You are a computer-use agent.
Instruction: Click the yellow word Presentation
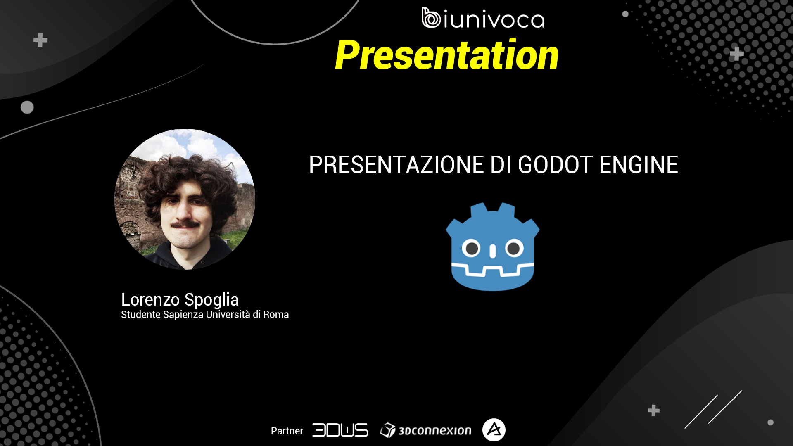point(447,55)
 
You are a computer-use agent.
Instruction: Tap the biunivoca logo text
point(483,18)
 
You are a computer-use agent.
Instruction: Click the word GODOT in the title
point(556,165)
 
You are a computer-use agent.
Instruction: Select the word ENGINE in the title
point(639,165)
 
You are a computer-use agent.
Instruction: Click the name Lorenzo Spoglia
point(180,300)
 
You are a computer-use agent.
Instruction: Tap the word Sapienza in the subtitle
point(183,315)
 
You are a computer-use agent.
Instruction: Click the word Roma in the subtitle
point(276,315)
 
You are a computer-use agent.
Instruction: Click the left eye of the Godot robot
point(471,249)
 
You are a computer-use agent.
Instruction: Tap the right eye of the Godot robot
point(514,249)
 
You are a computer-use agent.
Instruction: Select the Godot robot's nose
point(492,251)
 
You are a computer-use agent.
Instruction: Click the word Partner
point(287,431)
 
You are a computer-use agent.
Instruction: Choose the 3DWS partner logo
point(340,430)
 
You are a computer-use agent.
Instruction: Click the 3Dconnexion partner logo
point(426,430)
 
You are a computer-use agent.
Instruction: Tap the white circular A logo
point(494,430)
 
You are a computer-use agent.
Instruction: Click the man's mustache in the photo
point(185,224)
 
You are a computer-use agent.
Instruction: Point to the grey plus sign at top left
point(40,40)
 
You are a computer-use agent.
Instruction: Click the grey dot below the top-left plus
point(27,107)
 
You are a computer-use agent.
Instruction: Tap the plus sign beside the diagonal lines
point(653,410)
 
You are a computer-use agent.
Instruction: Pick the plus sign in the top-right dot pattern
point(736,54)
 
